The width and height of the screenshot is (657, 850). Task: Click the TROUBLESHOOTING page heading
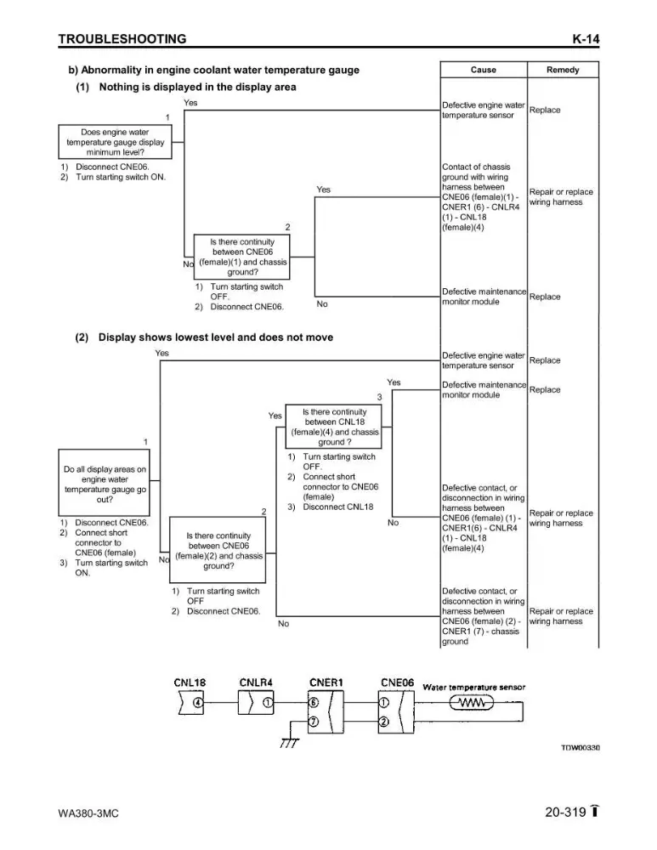[x=122, y=39]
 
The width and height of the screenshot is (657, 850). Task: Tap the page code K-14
[x=586, y=39]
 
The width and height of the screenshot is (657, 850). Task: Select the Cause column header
[x=483, y=70]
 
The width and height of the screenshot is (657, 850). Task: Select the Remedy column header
[x=563, y=70]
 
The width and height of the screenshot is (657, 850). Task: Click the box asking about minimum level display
[x=115, y=142]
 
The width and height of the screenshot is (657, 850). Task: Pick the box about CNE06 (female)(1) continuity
[x=241, y=257]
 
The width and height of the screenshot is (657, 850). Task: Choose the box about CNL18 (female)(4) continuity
[x=334, y=427]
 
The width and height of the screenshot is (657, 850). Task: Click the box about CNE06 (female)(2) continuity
[x=218, y=550]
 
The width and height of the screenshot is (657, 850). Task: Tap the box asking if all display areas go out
[x=104, y=483]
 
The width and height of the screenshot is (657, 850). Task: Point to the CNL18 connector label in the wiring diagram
[x=190, y=683]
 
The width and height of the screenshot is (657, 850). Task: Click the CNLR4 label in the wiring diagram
[x=256, y=683]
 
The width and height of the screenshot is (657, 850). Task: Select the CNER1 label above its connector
[x=326, y=683]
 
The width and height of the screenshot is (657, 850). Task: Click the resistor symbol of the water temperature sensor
[x=472, y=703]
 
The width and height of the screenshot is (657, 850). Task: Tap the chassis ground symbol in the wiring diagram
[x=290, y=742]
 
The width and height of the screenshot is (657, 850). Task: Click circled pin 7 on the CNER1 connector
[x=314, y=722]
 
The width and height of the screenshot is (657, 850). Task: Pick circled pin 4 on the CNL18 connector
[x=198, y=703]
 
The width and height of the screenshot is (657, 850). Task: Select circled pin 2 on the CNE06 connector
[x=384, y=722]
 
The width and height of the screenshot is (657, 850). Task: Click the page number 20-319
[x=565, y=812]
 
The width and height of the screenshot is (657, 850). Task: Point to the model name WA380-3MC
[x=88, y=813]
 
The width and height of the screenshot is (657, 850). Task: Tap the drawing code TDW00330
[x=580, y=747]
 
